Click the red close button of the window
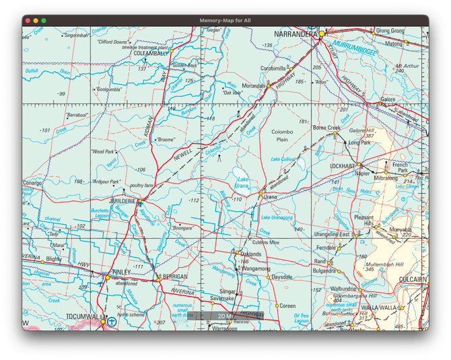(x=28, y=21)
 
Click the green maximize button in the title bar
(x=44, y=21)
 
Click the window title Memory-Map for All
(x=225, y=21)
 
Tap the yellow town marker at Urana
(x=261, y=194)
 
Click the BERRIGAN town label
(x=175, y=276)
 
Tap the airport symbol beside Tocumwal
(x=112, y=322)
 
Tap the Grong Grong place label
(x=390, y=30)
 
